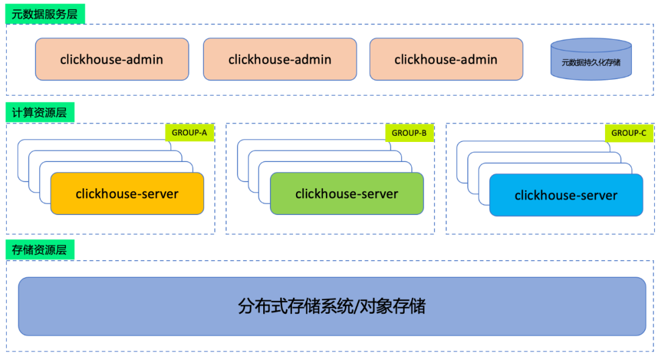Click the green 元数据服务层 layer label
45,14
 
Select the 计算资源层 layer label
40,113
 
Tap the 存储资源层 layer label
40,250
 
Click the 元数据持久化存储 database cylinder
591,59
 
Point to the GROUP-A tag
189,133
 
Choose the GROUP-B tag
409,133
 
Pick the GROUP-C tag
629,133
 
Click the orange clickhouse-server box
127,194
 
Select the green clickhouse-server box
347,194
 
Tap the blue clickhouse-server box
566,195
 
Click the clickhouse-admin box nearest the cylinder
446,59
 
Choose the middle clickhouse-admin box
280,59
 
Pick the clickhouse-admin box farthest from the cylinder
112,59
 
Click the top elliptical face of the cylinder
591,45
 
